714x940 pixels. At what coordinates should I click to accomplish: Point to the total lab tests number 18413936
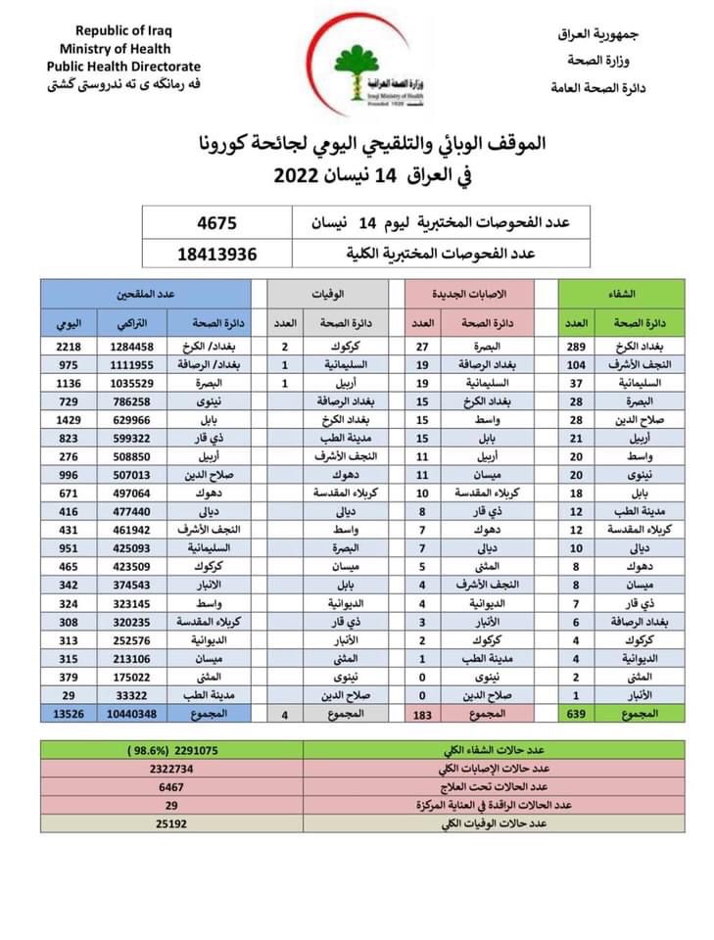click(217, 253)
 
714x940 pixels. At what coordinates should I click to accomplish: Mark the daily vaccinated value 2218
click(69, 347)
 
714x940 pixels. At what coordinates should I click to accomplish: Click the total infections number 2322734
click(170, 768)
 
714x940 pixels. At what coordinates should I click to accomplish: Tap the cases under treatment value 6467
click(170, 786)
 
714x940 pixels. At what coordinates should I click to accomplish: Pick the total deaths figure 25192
click(170, 822)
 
